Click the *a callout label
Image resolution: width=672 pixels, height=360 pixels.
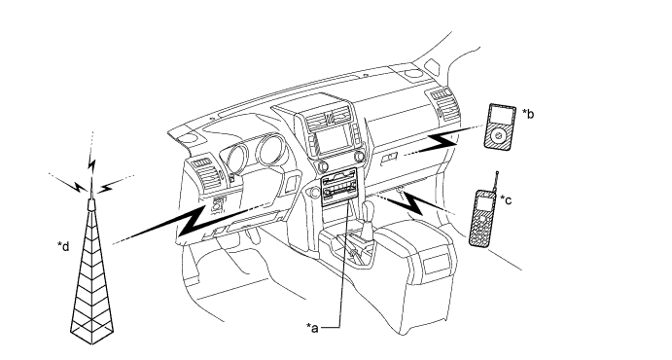(312, 328)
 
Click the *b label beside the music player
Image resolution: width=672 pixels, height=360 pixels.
(528, 114)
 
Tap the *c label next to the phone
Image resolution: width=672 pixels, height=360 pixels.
(506, 199)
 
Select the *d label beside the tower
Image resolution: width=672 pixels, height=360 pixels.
(63, 246)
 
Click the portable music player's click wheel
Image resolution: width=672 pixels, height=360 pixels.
(498, 136)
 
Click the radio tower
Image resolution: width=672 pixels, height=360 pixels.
(92, 274)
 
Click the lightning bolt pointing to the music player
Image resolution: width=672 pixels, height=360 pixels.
(442, 143)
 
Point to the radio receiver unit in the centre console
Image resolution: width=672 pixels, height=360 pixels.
(339, 187)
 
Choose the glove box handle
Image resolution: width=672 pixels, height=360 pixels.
(389, 159)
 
